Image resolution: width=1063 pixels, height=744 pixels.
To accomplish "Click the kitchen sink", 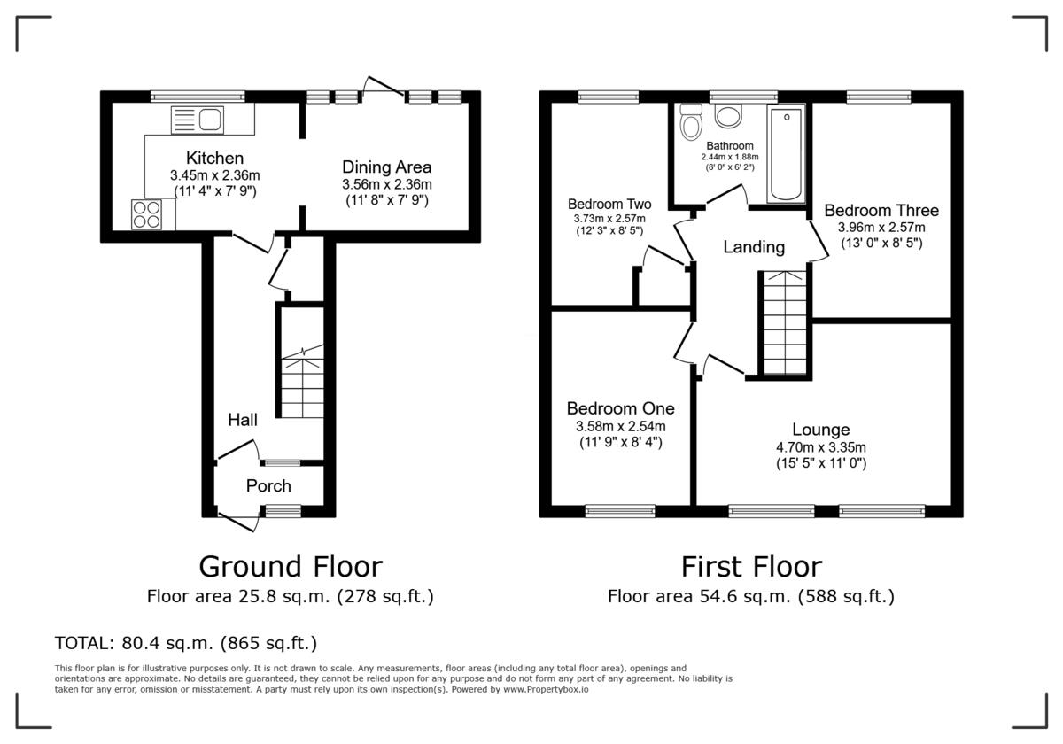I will pyautogui.click(x=199, y=120).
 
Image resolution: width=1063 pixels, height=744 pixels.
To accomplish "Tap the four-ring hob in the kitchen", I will pyautogui.click(x=146, y=215).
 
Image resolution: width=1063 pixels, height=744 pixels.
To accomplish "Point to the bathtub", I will pyautogui.click(x=787, y=155).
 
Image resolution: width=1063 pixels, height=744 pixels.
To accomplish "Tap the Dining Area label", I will pyautogui.click(x=387, y=167).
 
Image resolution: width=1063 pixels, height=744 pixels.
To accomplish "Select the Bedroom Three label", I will pyautogui.click(x=881, y=210).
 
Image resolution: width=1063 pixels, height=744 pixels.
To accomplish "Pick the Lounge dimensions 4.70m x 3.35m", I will pyautogui.click(x=821, y=446).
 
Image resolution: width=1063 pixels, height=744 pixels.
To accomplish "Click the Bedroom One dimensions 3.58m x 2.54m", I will pyautogui.click(x=620, y=426).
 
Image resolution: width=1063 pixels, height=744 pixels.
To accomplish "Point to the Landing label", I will pyautogui.click(x=754, y=247).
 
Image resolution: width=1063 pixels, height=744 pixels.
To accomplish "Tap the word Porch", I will pyautogui.click(x=268, y=485).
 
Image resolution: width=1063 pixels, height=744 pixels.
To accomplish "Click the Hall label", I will pyautogui.click(x=243, y=419).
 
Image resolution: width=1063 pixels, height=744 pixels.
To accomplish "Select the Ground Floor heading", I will pyautogui.click(x=290, y=566).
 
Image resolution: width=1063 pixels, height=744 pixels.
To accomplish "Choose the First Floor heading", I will pyautogui.click(x=751, y=566).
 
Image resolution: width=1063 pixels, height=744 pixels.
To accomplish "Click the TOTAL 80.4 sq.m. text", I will pyautogui.click(x=186, y=642).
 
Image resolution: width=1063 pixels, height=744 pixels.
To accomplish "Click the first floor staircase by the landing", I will pyautogui.click(x=784, y=323).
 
